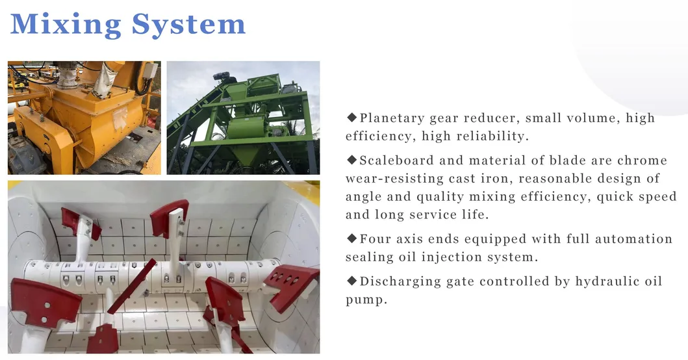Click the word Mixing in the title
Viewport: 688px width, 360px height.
[66, 25]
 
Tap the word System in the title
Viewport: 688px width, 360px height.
[189, 25]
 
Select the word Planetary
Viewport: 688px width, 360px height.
[392, 118]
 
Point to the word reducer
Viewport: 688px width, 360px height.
[488, 118]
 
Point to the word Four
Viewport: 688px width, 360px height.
[375, 238]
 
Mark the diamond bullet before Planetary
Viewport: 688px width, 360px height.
[351, 118]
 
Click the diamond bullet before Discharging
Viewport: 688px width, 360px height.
[351, 281]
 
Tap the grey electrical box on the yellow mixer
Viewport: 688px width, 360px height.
[151, 77]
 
